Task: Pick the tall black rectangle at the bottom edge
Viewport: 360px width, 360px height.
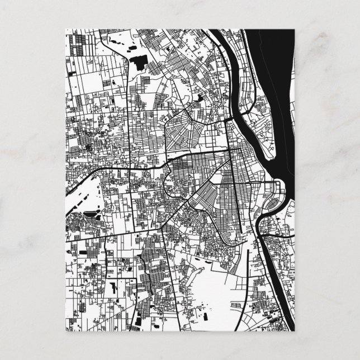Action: (136, 321)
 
